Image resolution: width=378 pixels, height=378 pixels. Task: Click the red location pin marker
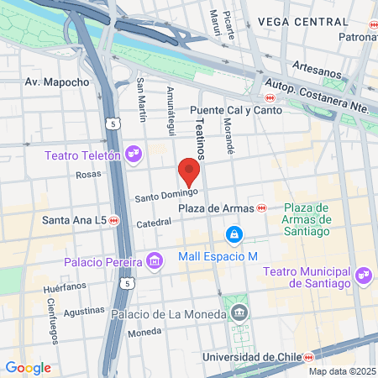tap(190, 171)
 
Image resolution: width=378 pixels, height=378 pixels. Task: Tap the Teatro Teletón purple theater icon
tap(132, 154)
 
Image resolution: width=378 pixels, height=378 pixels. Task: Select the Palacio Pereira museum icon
tap(153, 263)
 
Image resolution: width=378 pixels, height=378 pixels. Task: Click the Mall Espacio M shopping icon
tap(234, 234)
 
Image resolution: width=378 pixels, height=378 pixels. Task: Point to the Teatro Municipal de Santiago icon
tap(364, 274)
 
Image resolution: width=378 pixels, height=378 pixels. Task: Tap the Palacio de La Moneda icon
tap(240, 314)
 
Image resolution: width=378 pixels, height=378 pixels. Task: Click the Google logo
tap(28, 367)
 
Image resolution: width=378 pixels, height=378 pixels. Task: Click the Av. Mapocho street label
tap(57, 82)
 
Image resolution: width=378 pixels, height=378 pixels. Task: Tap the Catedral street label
tap(154, 223)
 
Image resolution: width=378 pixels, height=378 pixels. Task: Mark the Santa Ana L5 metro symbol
tap(114, 220)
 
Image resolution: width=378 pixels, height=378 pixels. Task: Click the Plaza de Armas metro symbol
tap(262, 207)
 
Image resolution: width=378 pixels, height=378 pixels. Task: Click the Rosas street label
tap(88, 174)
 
